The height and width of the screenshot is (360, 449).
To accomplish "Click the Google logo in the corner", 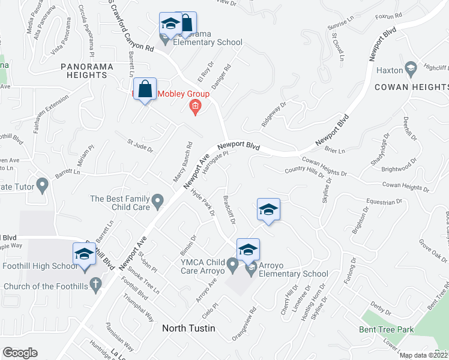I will pos(20,353).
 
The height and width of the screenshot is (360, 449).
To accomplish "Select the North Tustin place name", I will pos(188,328).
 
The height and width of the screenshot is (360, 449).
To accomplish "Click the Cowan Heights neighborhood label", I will pos(412,87).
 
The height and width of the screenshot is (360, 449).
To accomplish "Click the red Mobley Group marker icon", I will pos(194,106).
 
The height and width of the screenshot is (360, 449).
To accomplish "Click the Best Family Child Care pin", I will pos(158,200).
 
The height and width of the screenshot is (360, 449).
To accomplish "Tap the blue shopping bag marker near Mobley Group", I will pos(145,90).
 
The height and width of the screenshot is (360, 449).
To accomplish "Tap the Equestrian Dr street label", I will pos(382,202).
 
